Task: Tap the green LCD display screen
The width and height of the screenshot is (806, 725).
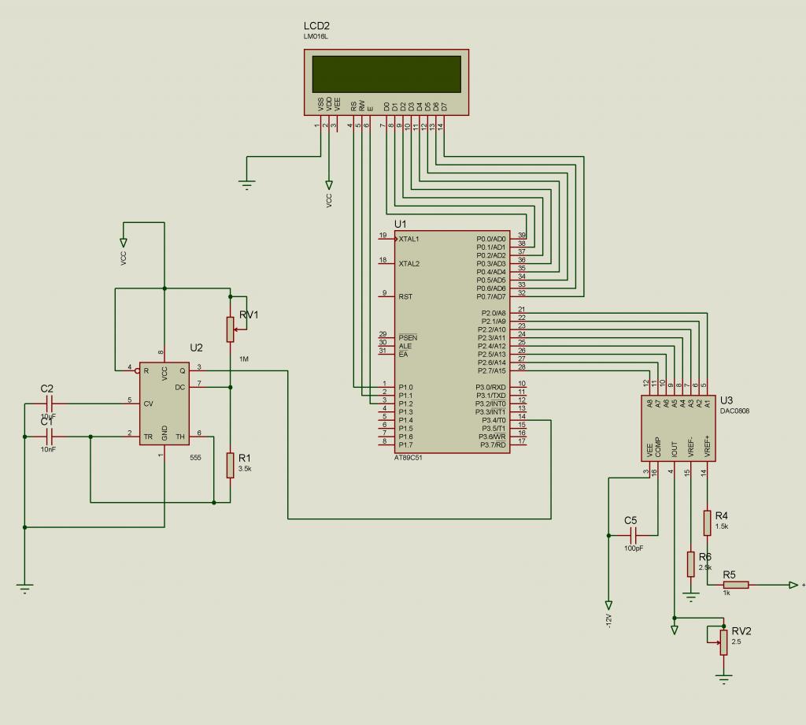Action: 386,73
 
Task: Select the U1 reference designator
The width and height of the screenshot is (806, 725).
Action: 400,225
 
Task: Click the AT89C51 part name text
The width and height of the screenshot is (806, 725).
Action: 408,458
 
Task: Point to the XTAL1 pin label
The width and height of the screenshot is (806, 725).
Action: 409,239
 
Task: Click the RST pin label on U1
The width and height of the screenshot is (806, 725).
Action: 405,297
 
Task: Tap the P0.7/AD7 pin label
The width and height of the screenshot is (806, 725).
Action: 491,297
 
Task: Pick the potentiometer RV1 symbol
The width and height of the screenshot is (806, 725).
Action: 230,329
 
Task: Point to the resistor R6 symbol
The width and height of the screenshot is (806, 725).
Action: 690,563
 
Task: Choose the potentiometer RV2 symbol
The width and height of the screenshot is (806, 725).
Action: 723,642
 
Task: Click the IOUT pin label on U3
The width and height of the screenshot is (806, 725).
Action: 675,449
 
